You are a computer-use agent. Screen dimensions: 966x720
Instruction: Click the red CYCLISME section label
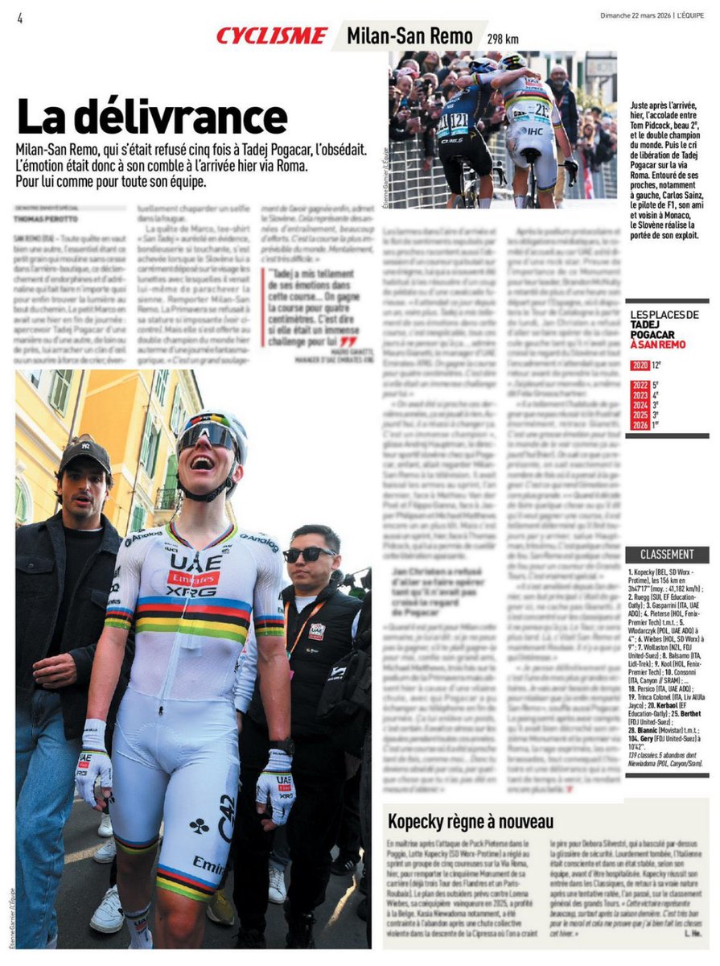(271, 35)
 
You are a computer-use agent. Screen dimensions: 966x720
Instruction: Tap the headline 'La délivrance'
(152, 117)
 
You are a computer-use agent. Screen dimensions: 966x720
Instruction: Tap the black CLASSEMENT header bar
(667, 555)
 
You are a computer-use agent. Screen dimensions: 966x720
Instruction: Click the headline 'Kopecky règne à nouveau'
(471, 821)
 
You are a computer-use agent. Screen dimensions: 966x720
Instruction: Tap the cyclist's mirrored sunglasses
(208, 437)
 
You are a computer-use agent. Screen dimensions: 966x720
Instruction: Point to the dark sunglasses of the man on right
(308, 554)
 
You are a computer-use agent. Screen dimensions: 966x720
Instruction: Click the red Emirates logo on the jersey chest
(193, 576)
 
